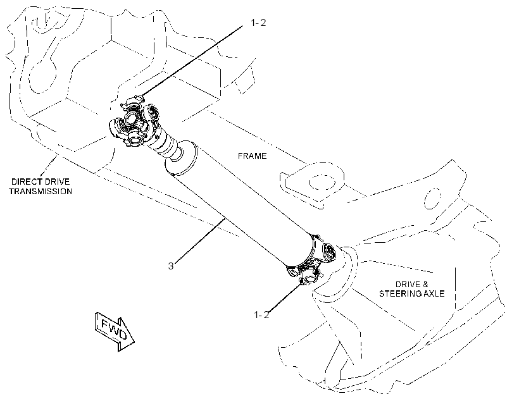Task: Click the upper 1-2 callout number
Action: point(258,23)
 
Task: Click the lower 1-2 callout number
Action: point(261,314)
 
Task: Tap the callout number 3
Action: point(171,266)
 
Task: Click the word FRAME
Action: point(252,156)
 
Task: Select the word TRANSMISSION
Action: point(41,191)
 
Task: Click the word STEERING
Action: point(400,293)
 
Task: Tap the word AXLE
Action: point(434,293)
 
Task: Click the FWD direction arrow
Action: point(115,331)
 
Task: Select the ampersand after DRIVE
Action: point(425,284)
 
